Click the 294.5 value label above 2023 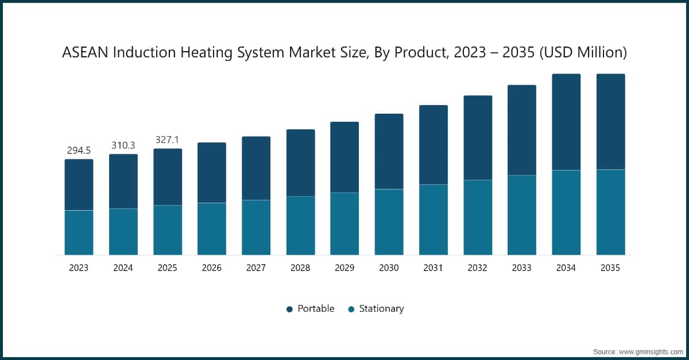pos(79,150)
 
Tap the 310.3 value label pos(123,146)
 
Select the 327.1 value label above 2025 pos(168,140)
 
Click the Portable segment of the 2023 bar pos(79,185)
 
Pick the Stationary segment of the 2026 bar pos(212,229)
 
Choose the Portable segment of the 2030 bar pos(389,152)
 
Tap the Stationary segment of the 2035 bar pos(611,212)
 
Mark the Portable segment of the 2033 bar pos(522,130)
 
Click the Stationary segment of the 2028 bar pos(301,226)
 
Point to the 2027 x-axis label pos(256,268)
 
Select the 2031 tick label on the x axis pos(433,268)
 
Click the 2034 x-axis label pos(566,268)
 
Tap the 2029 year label pos(345,268)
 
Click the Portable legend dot pos(289,309)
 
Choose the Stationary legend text pos(381,309)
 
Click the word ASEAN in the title pos(85,53)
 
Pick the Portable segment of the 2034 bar pos(566,122)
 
